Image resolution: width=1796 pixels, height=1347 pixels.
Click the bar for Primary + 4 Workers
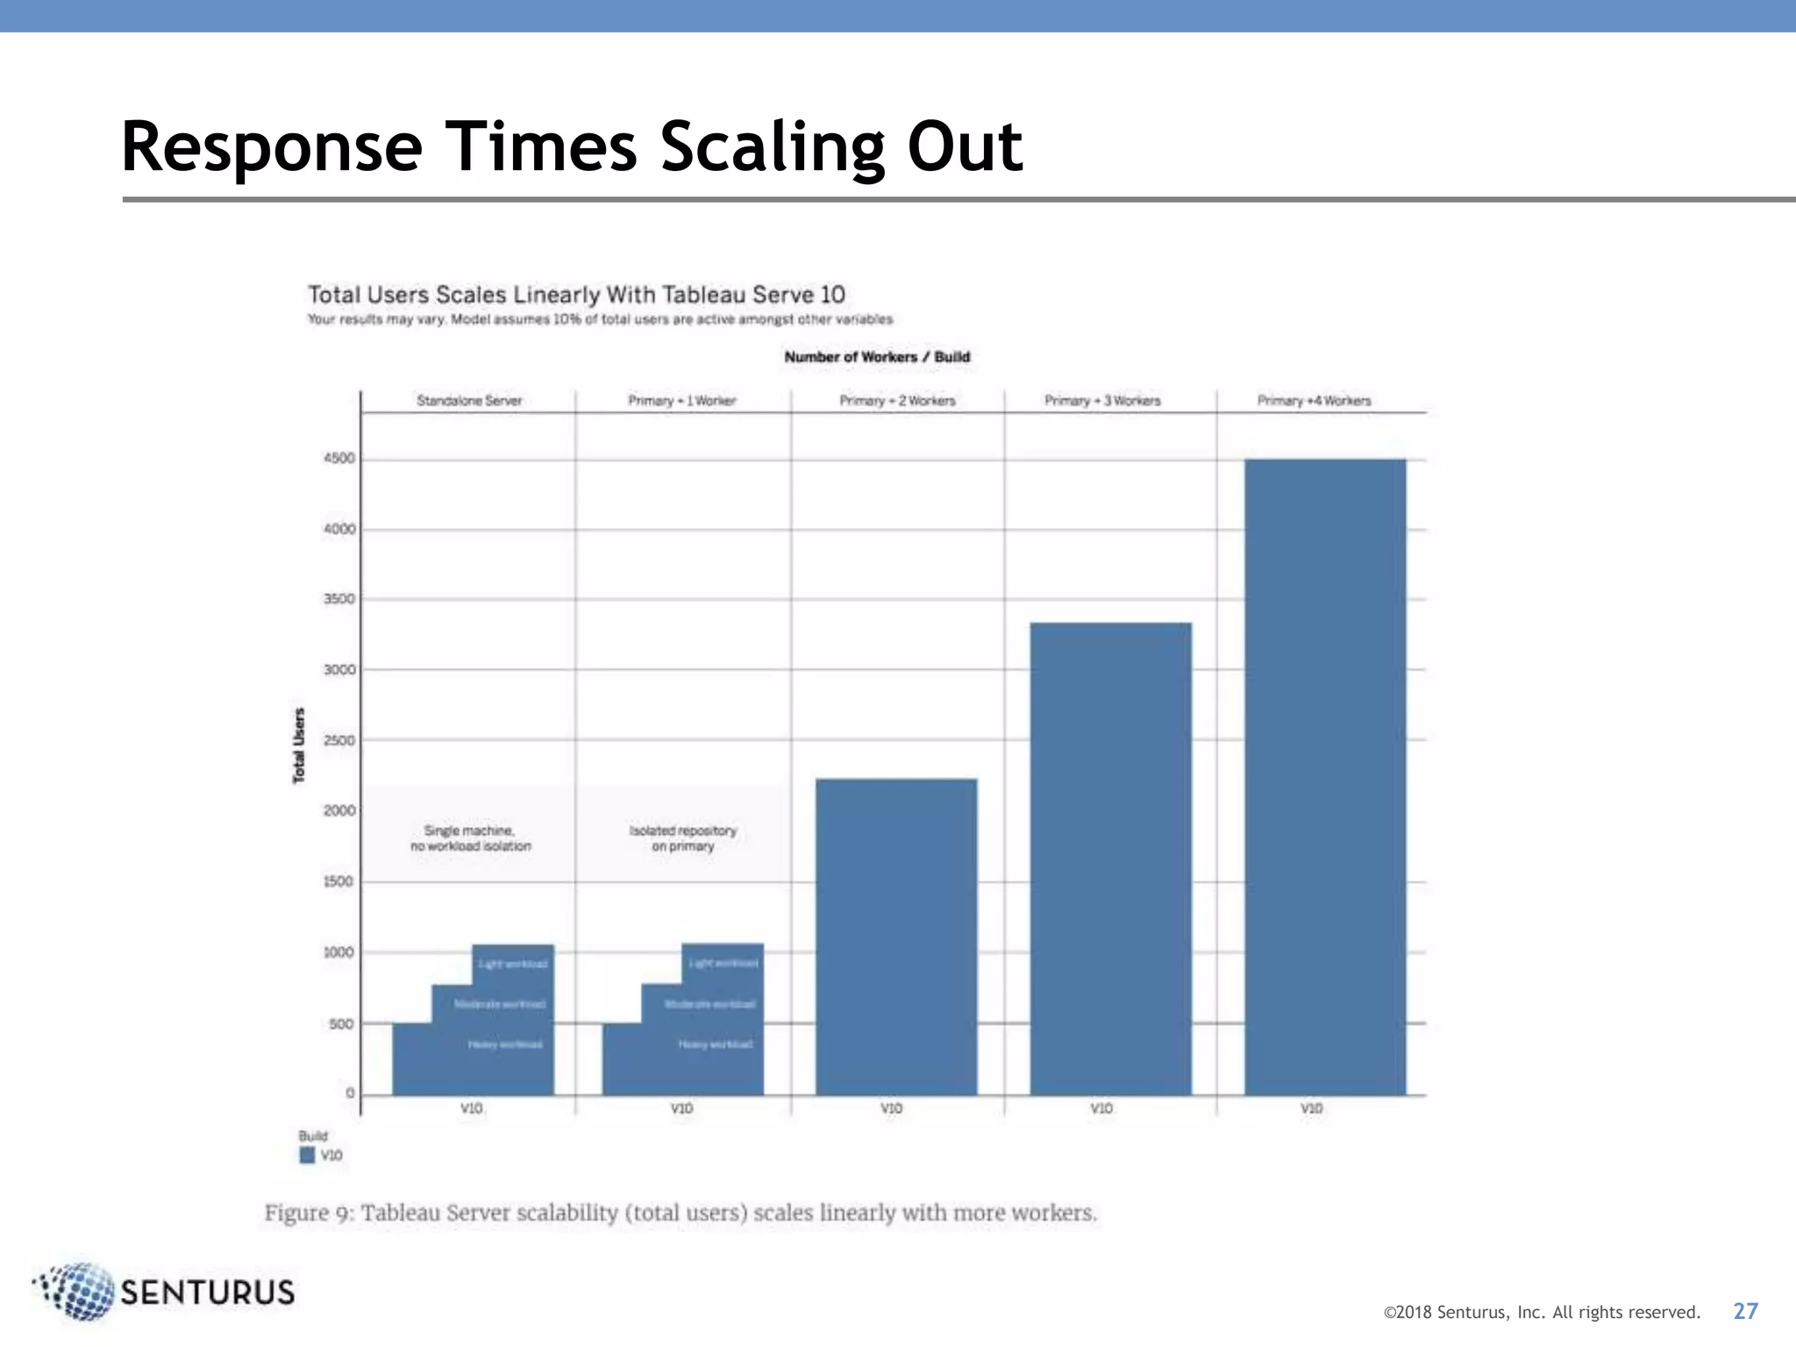coord(1324,776)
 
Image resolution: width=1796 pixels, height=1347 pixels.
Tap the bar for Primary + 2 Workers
coord(896,936)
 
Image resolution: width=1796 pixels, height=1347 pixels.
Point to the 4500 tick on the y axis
coord(339,459)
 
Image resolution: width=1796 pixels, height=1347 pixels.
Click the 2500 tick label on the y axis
coord(339,740)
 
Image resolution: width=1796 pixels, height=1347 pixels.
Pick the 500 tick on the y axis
coord(341,1023)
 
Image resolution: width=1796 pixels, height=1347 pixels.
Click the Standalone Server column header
coord(469,401)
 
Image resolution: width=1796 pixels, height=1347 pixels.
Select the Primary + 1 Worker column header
coord(682,401)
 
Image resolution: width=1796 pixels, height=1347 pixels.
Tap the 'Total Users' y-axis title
coord(299,745)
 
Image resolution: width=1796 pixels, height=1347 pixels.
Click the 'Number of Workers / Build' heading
coord(877,357)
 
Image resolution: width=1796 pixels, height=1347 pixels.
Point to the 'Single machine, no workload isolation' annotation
coord(471,838)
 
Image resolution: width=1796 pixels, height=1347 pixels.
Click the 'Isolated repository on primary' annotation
coord(683,838)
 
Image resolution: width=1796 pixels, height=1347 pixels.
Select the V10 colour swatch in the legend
coord(307,1155)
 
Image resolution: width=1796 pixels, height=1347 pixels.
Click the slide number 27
coord(1745,1311)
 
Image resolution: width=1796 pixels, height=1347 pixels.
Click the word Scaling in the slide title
coord(772,146)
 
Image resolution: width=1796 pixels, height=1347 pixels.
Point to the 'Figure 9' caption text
coord(681,1213)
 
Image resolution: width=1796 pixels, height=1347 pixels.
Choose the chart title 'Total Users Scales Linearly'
coord(576,295)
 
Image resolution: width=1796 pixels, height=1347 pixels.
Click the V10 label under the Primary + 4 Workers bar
coord(1311,1108)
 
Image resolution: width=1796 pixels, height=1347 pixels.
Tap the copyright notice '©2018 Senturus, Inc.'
coord(1541,1313)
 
